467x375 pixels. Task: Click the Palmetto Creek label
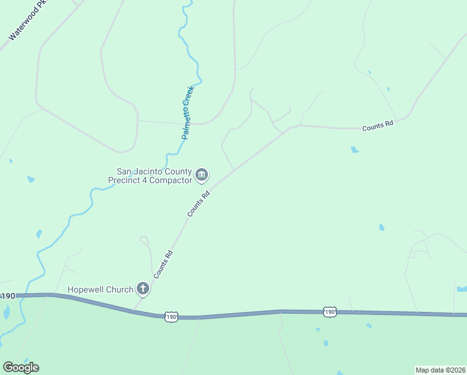point(189,112)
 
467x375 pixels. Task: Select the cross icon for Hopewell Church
point(143,289)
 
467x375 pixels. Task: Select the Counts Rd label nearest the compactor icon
point(198,204)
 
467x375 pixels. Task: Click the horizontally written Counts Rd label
point(378,124)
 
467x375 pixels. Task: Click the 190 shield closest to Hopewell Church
point(172,317)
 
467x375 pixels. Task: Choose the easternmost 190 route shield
point(330,311)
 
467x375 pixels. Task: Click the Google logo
point(21,367)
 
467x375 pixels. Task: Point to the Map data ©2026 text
point(440,369)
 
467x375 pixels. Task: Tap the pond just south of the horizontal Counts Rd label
point(355,149)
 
